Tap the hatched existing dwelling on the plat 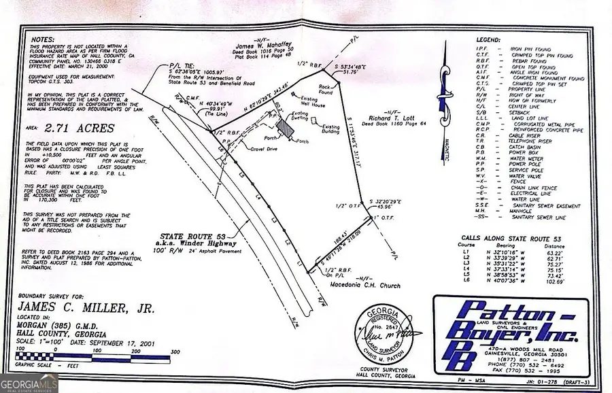[x=281, y=129]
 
